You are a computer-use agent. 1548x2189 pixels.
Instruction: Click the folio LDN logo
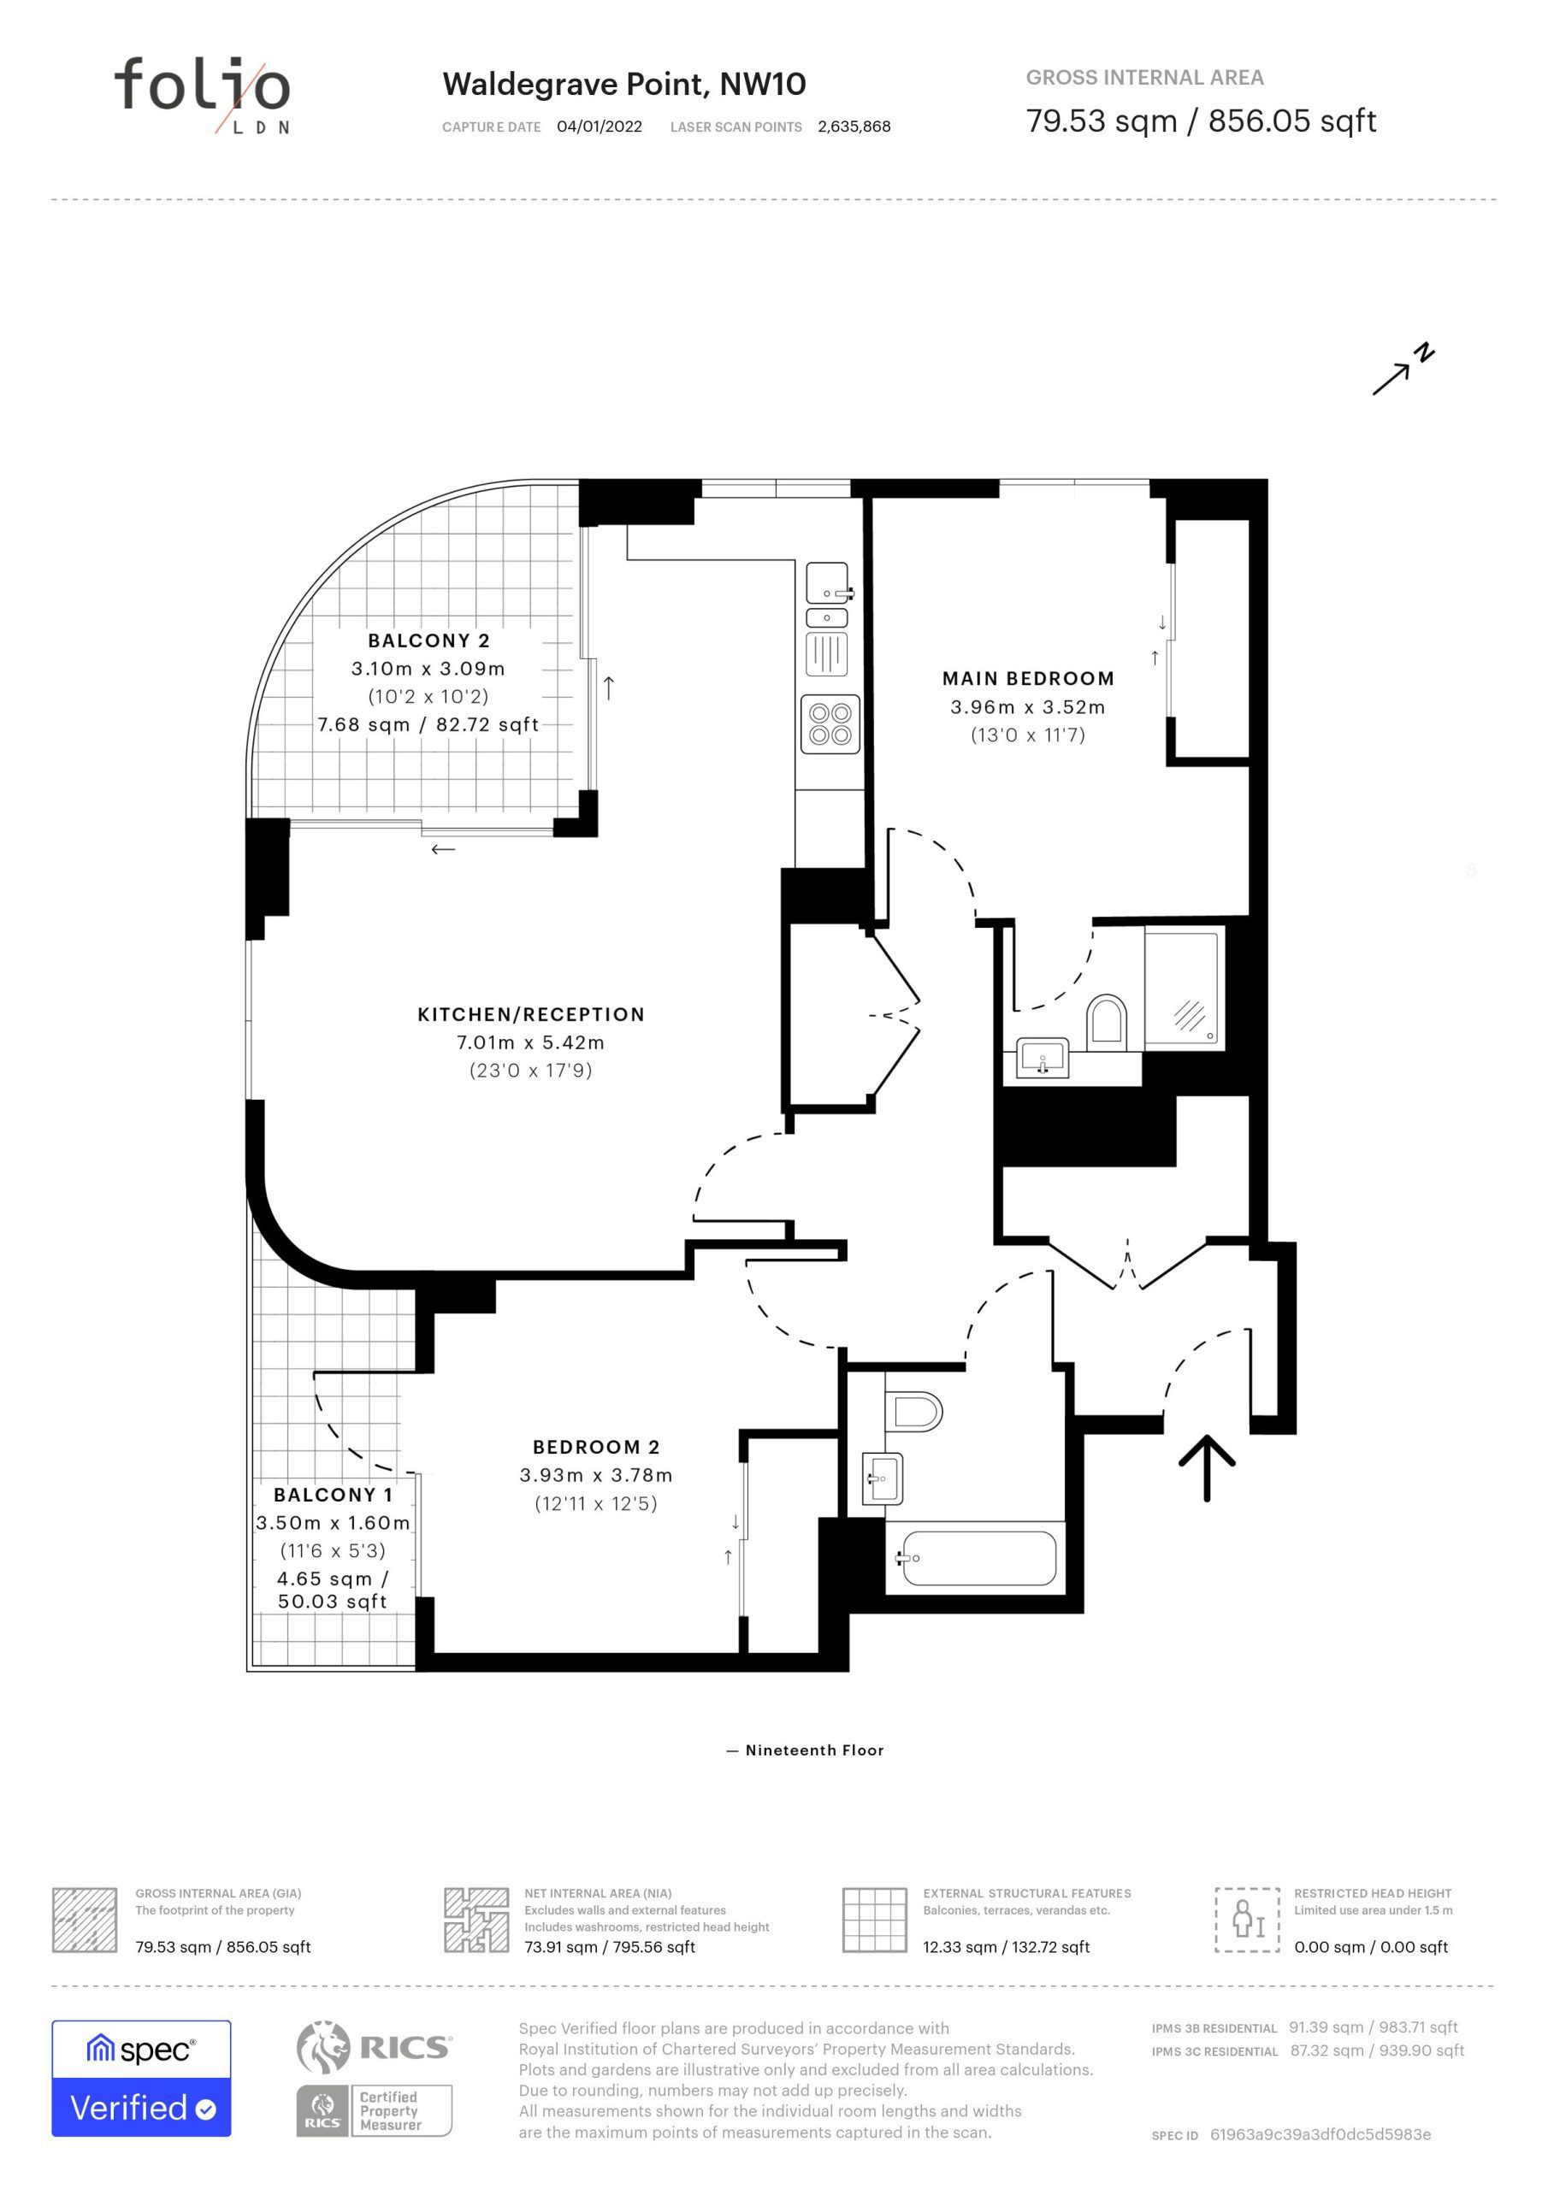point(202,94)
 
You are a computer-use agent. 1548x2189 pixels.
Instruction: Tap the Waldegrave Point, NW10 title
point(623,84)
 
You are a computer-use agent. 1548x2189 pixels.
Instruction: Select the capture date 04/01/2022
point(599,127)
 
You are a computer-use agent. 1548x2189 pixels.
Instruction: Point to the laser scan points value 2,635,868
point(854,127)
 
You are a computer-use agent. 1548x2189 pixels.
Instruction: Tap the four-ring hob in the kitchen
point(830,723)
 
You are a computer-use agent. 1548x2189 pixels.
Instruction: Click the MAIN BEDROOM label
point(1028,679)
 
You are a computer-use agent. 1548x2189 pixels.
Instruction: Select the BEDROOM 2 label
point(596,1448)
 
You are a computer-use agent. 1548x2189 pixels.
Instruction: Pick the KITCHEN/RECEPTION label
point(531,1014)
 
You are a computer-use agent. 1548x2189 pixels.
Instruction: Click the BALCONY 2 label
point(429,640)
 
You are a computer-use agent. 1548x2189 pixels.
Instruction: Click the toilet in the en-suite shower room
point(1107,1019)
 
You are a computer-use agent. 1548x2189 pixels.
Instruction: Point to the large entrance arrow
point(1207,1467)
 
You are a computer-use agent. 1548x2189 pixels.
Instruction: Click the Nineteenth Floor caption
point(805,1750)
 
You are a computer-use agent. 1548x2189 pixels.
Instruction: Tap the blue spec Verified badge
point(141,2079)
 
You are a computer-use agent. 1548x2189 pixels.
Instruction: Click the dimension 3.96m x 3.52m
point(1028,707)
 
